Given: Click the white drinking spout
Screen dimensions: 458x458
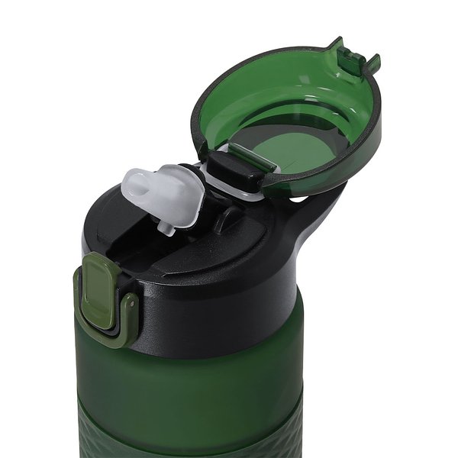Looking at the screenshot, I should [x=163, y=194].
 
